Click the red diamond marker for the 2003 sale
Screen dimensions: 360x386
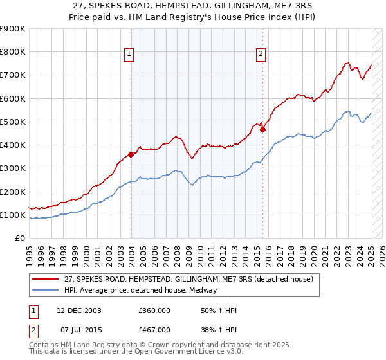tap(131, 154)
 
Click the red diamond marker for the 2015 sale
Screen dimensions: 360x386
tap(263, 129)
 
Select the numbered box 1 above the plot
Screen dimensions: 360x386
tap(130, 54)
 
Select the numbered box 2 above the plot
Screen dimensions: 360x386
tap(261, 54)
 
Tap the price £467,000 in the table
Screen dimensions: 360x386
tap(154, 330)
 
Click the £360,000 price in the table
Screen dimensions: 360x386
tap(154, 310)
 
